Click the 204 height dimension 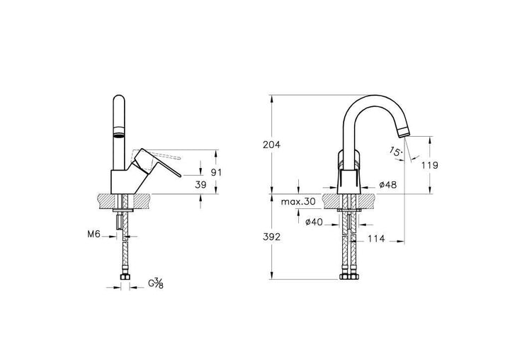271,145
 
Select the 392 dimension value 271,237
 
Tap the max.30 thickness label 298,202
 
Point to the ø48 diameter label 388,185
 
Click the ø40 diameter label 314,222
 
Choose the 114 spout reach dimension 376,239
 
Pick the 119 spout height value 430,165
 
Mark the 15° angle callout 395,151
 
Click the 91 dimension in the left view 216,172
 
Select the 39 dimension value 200,185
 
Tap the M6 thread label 93,234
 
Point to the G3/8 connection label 156,283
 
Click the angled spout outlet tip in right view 404,132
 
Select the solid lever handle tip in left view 179,176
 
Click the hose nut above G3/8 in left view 125,277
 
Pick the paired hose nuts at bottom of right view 348,276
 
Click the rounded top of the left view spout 119,98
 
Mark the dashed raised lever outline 155,159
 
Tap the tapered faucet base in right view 348,181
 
